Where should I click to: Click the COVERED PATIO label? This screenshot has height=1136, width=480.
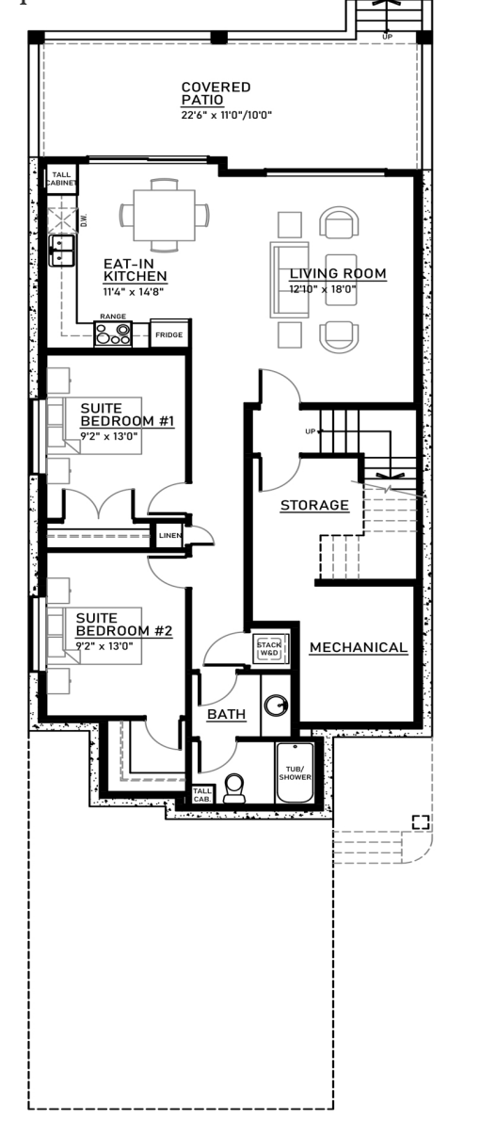click(216, 94)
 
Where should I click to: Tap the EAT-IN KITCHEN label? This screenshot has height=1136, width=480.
click(136, 269)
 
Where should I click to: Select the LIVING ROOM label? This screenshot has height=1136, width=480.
click(338, 274)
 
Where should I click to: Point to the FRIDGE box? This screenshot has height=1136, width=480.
click(169, 334)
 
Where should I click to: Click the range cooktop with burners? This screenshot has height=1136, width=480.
click(113, 334)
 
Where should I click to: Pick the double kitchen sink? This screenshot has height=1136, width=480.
click(62, 251)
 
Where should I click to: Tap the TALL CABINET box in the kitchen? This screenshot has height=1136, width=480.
click(62, 179)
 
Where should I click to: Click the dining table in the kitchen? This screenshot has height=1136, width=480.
click(164, 216)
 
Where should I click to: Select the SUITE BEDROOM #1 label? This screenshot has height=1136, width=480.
click(127, 414)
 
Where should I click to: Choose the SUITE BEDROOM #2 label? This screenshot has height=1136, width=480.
click(124, 625)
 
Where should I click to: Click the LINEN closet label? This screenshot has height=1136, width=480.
click(169, 536)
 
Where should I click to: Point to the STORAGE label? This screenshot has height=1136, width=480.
click(314, 505)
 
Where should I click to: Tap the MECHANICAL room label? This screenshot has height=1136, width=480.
click(359, 648)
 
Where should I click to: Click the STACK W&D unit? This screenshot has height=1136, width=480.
click(271, 649)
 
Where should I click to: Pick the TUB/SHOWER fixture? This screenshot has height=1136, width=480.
click(295, 773)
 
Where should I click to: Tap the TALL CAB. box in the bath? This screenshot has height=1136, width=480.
click(202, 795)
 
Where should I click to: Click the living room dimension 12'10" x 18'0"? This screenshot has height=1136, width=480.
click(323, 289)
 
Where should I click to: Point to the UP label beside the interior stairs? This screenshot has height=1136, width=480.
click(311, 431)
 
